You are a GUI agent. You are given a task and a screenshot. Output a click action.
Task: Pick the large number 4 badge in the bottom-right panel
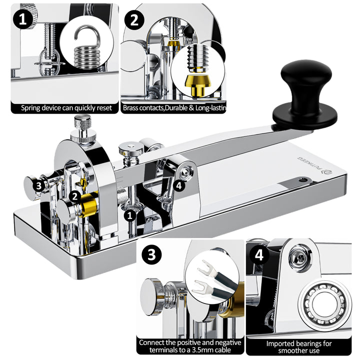(258, 255)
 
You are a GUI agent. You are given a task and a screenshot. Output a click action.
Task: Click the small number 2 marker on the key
(74, 196)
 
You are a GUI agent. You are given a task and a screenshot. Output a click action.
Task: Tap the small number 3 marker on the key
(38, 185)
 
